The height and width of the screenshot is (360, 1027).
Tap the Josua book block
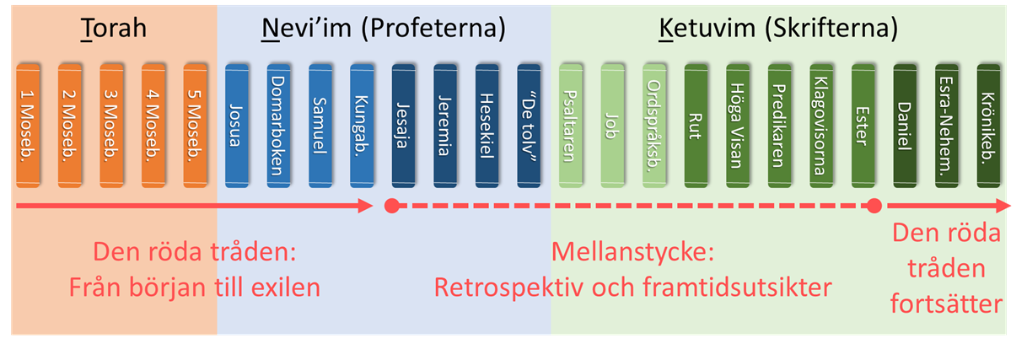(x=237, y=125)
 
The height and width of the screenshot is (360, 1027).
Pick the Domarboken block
(x=278, y=125)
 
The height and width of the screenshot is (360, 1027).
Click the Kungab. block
(x=362, y=125)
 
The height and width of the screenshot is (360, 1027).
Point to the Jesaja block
(x=404, y=125)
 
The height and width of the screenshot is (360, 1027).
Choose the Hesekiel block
(x=487, y=125)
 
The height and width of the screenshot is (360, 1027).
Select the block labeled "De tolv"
(x=529, y=125)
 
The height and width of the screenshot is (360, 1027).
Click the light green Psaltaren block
(x=571, y=125)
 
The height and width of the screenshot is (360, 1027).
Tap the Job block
(x=612, y=125)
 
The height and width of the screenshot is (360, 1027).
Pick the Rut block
(x=696, y=125)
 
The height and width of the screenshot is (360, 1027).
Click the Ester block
(x=863, y=125)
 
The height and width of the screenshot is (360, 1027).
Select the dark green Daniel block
(x=905, y=125)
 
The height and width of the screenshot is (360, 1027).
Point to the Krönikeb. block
(x=988, y=125)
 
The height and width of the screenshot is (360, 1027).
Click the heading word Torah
(x=114, y=29)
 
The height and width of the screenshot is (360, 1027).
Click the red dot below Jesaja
(x=391, y=206)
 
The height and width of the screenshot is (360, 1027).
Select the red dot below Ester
(x=874, y=206)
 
